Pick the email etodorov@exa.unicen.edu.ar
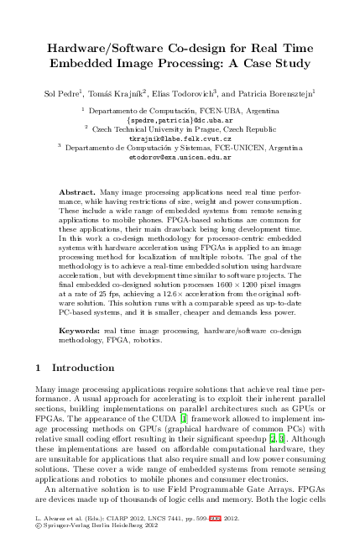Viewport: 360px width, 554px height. tap(180, 157)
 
